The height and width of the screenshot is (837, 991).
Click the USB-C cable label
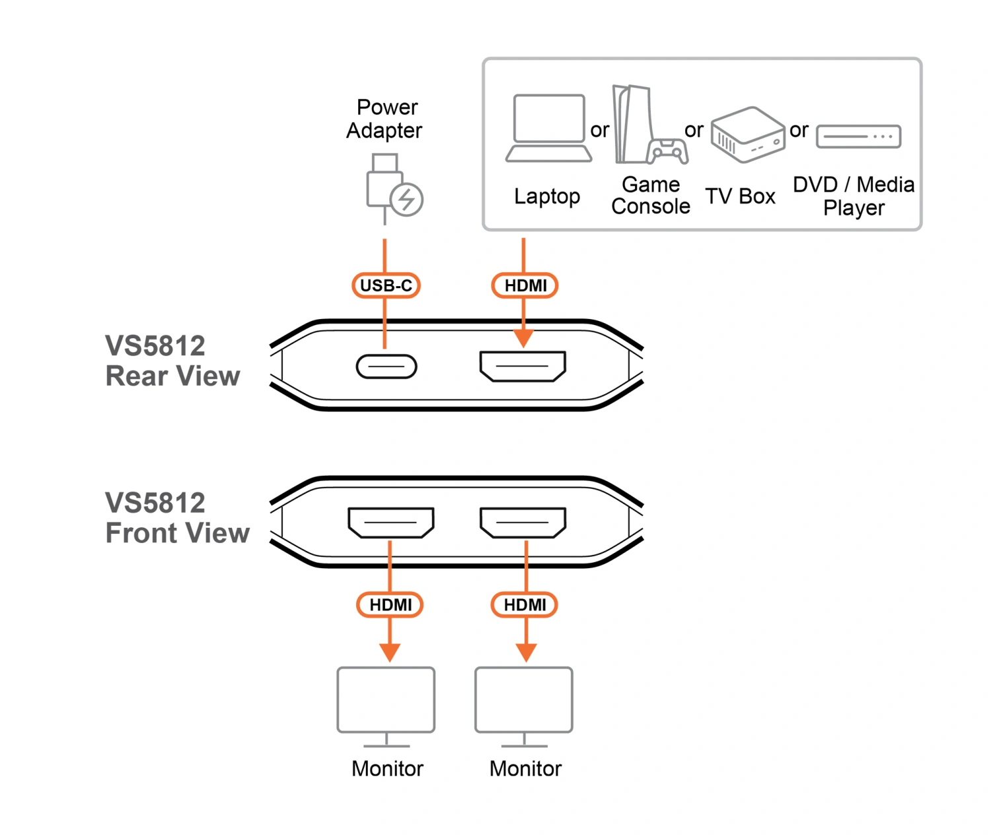(386, 285)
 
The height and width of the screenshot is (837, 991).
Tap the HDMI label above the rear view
(525, 285)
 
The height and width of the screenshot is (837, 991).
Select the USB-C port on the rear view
(386, 367)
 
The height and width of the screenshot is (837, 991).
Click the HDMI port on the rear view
(523, 367)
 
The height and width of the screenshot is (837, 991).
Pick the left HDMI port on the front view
(391, 523)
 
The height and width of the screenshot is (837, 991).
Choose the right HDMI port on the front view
(523, 523)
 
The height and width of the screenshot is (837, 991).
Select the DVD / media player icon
(859, 137)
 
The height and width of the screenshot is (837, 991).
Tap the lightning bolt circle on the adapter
(406, 200)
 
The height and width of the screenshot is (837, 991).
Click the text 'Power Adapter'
(385, 119)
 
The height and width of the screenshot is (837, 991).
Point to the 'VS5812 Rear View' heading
(172, 361)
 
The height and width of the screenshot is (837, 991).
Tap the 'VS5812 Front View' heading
(177, 518)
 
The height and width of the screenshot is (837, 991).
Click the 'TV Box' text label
(740, 196)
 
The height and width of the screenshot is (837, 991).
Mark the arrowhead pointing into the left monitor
(390, 653)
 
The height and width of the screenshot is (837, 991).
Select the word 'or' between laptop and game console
(600, 130)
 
